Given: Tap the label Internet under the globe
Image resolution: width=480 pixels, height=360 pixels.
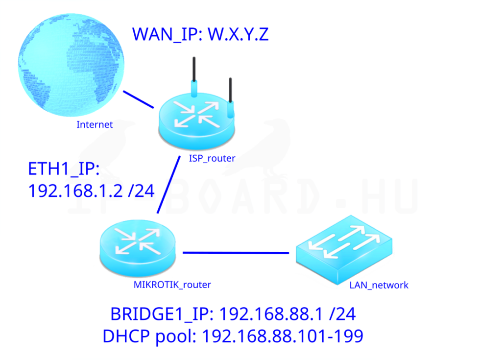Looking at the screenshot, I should click(x=95, y=124).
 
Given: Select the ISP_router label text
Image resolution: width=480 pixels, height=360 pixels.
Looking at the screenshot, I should click(x=212, y=158).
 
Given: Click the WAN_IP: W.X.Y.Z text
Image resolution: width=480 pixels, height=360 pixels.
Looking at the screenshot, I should click(x=200, y=34).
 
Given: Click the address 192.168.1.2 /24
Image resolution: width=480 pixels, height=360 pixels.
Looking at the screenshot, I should click(x=91, y=191).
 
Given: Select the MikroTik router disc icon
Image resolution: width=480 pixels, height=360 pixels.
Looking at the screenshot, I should click(x=137, y=248).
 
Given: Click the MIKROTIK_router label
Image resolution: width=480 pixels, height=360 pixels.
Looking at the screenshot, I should click(x=172, y=285).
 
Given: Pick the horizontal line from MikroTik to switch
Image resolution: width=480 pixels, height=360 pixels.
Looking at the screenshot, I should click(x=236, y=253).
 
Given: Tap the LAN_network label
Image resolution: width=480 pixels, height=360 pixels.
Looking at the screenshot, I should click(x=379, y=285).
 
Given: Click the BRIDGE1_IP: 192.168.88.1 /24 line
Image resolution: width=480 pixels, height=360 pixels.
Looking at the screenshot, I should click(x=233, y=314).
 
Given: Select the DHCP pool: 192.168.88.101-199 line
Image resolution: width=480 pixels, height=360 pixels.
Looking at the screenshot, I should click(x=233, y=336).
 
